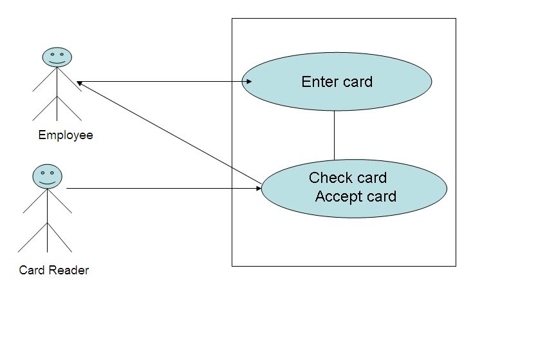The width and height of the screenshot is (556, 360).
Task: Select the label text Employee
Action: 66,135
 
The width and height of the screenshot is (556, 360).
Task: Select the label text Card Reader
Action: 54,270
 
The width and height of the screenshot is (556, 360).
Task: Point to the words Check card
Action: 347,178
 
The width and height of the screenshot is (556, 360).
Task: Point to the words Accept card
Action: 355,196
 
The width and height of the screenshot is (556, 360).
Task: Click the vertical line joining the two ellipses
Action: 334,135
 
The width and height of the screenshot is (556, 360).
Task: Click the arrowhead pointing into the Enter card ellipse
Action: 247,82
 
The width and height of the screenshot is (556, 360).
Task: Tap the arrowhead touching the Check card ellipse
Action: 257,189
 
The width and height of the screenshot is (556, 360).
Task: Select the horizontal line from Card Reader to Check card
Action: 161,189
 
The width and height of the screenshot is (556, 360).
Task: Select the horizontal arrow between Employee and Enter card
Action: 161,82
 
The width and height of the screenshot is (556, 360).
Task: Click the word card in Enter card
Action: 358,82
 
